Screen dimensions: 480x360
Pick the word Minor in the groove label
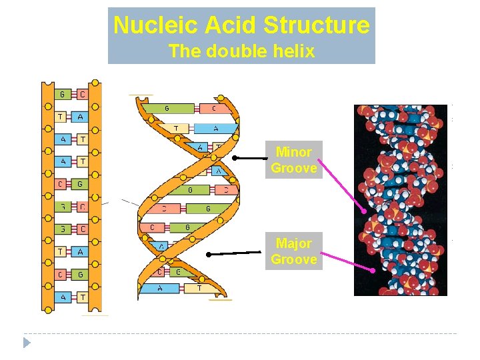[293, 152]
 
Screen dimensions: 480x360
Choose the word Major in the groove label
[294, 243]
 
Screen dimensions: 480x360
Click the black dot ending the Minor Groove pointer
[235, 158]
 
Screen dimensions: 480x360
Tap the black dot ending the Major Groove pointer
[209, 254]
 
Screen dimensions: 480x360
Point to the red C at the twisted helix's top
[214, 109]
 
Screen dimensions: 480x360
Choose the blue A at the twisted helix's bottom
[159, 288]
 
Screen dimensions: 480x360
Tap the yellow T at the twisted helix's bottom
[198, 288]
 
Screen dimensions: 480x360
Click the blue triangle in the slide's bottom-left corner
[27, 343]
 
